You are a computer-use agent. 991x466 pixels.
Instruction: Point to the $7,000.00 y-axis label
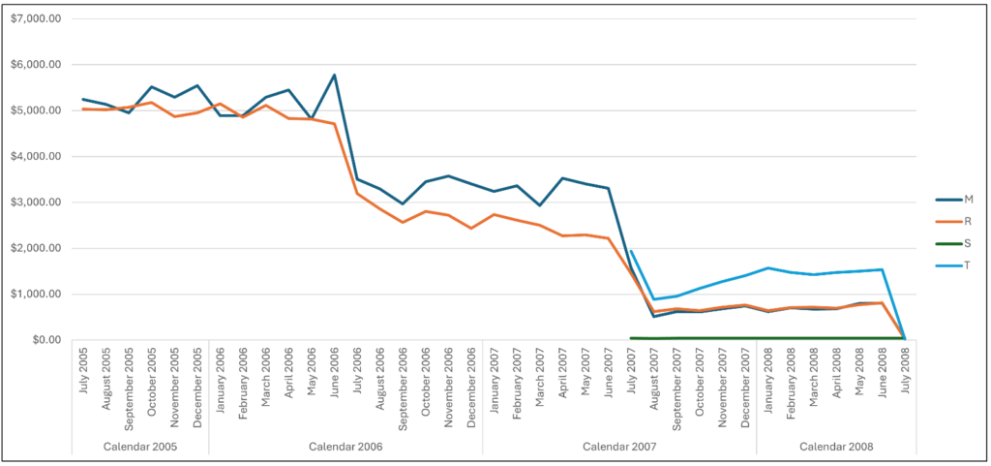[x=35, y=19]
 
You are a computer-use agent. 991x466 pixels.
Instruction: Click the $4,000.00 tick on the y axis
[x=35, y=157]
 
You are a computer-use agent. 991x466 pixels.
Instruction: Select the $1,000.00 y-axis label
[x=35, y=295]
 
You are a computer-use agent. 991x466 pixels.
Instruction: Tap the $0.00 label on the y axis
[x=45, y=340]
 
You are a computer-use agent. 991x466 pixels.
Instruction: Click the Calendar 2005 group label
[x=139, y=446]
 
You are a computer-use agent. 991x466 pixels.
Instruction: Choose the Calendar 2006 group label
[x=345, y=446]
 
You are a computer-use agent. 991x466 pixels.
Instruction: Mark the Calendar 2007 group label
[x=619, y=446]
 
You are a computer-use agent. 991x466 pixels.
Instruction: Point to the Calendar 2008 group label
[x=836, y=446]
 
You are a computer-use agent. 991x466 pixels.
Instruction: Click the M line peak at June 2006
[x=334, y=75]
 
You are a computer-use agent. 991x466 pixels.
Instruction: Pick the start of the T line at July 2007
[x=631, y=251]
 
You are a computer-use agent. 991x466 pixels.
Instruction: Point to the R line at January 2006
[x=220, y=104]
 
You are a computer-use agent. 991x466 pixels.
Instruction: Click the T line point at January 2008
[x=768, y=267]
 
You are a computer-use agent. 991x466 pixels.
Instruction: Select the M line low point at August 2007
[x=654, y=316]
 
